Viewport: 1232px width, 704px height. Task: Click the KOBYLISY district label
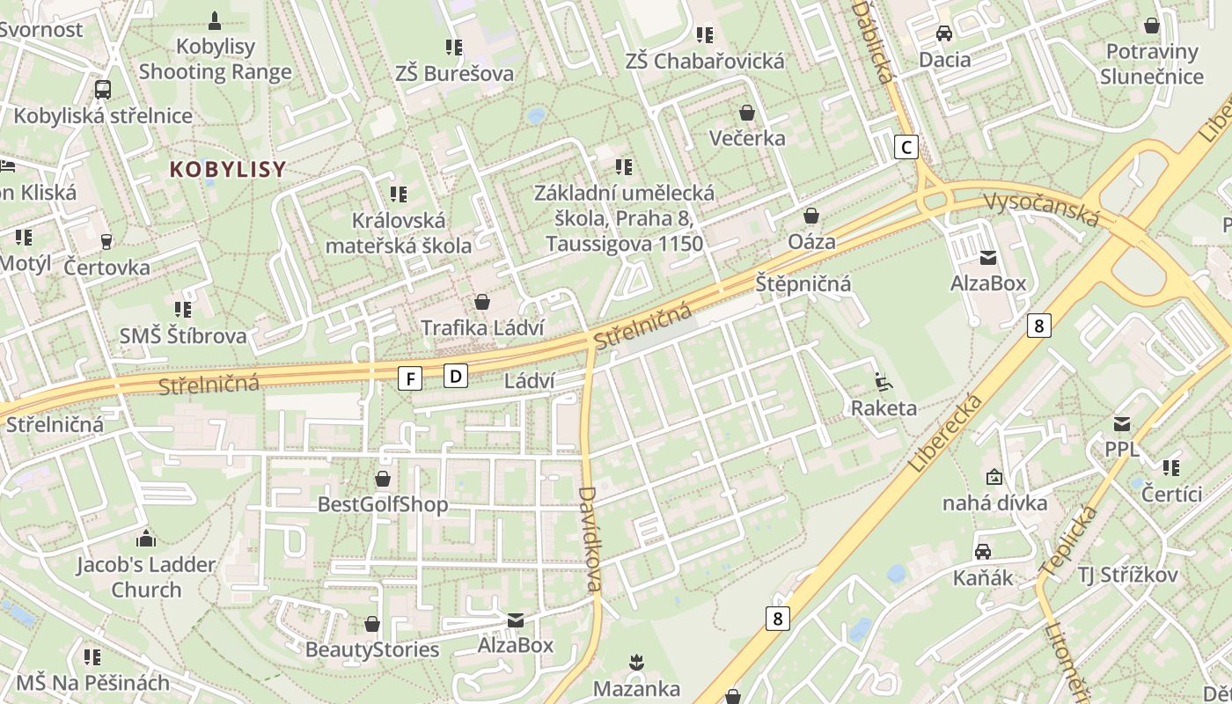[x=228, y=170]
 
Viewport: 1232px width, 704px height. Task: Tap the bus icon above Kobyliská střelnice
[x=103, y=89]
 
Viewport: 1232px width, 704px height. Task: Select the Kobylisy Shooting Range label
[x=215, y=59]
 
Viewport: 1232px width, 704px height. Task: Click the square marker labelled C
[x=906, y=147]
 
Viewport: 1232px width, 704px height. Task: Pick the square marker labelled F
[x=410, y=378]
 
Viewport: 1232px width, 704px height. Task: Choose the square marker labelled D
[x=455, y=376]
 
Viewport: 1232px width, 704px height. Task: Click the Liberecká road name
[x=945, y=433]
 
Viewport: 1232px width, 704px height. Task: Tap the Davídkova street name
[x=590, y=539]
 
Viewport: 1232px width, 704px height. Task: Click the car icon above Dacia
[x=944, y=33]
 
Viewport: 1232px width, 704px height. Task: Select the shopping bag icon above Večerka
[x=747, y=113]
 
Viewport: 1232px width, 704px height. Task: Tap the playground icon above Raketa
[x=883, y=382]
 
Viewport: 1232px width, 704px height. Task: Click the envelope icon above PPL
[x=1121, y=423]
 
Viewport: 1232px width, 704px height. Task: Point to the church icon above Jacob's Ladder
[x=146, y=539]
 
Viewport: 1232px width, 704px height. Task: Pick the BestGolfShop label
[x=383, y=504]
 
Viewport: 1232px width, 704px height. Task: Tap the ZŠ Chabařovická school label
[x=704, y=61]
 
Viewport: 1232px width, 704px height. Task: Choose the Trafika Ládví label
[x=482, y=327]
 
